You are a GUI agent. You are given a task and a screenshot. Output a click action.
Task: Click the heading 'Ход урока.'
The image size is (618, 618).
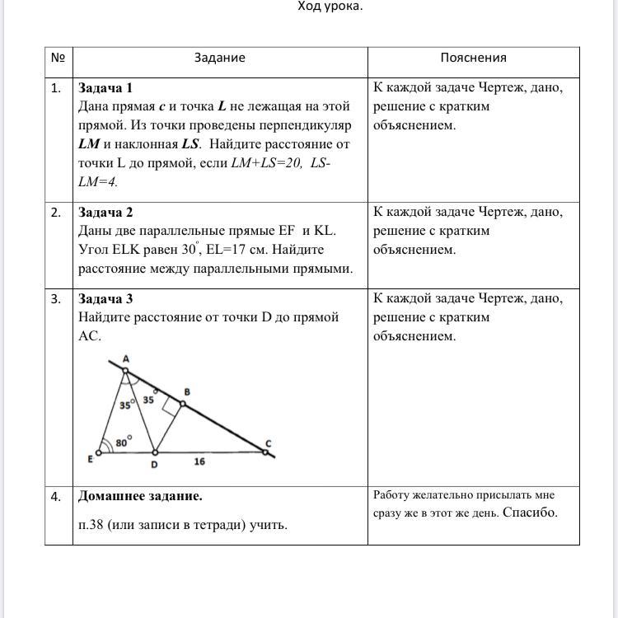coord(330,7)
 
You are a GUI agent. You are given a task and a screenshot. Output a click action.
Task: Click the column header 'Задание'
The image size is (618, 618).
coord(220,58)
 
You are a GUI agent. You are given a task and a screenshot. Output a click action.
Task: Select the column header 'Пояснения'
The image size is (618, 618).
coord(473,58)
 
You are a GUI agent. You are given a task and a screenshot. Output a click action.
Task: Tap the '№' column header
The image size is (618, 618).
coord(58,58)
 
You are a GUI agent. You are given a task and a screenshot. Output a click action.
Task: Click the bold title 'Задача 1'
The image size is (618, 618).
coord(105,87)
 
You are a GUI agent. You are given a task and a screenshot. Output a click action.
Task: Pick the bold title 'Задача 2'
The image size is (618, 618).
coord(105,212)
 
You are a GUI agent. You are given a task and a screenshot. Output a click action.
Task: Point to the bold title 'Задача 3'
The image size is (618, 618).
coord(105,298)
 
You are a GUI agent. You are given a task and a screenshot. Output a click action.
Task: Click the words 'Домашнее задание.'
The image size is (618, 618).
coord(140,496)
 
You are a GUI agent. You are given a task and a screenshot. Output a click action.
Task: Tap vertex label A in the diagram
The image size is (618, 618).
coord(126,358)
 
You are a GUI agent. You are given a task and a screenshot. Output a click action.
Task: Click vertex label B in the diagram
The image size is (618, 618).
coord(187,392)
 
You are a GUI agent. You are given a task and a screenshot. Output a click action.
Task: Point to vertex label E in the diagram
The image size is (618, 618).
coord(91,460)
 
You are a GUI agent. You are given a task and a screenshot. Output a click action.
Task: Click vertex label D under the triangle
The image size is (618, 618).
coord(153,465)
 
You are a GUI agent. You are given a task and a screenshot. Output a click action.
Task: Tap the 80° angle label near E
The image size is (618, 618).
coord(123,442)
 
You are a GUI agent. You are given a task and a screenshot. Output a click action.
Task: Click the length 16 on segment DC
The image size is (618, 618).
coord(199,462)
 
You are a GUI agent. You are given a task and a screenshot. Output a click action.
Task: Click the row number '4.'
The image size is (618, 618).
coord(56,496)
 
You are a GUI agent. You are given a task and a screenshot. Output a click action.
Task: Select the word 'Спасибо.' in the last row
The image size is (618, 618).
coord(531,513)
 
